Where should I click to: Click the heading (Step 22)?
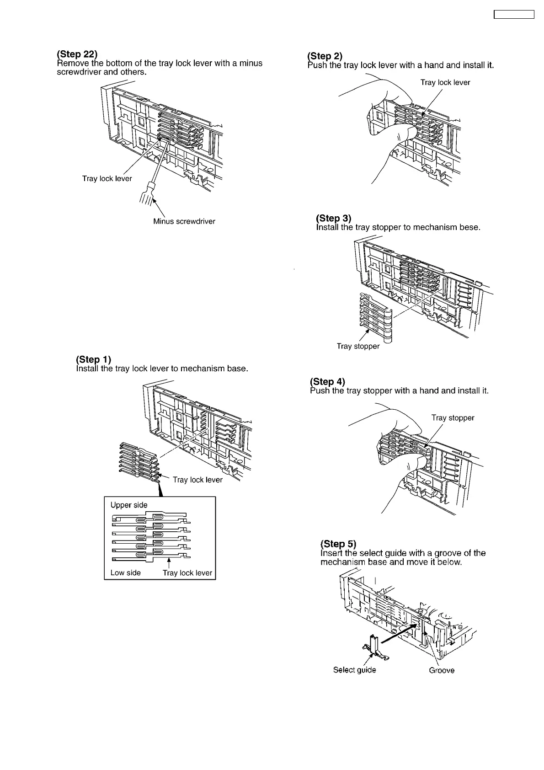pyautogui.click(x=77, y=54)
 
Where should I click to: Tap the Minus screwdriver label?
pyautogui.click(x=184, y=222)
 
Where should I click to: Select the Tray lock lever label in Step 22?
pyautogui.click(x=107, y=179)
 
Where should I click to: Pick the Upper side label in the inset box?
pyautogui.click(x=129, y=505)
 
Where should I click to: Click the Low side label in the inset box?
pyautogui.click(x=126, y=573)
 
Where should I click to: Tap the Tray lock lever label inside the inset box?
pyautogui.click(x=187, y=573)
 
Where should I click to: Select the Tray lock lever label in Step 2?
pyautogui.click(x=445, y=83)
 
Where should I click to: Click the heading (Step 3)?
pyautogui.click(x=334, y=218)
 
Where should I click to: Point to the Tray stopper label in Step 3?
pyautogui.click(x=358, y=347)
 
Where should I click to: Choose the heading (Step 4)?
pyautogui.click(x=327, y=382)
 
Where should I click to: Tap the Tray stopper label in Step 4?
pyautogui.click(x=453, y=418)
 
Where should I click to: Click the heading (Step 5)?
pyautogui.click(x=338, y=544)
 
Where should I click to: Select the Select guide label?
pyautogui.click(x=354, y=670)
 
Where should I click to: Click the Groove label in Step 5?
pyautogui.click(x=442, y=671)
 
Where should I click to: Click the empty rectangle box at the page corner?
pyautogui.click(x=514, y=14)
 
